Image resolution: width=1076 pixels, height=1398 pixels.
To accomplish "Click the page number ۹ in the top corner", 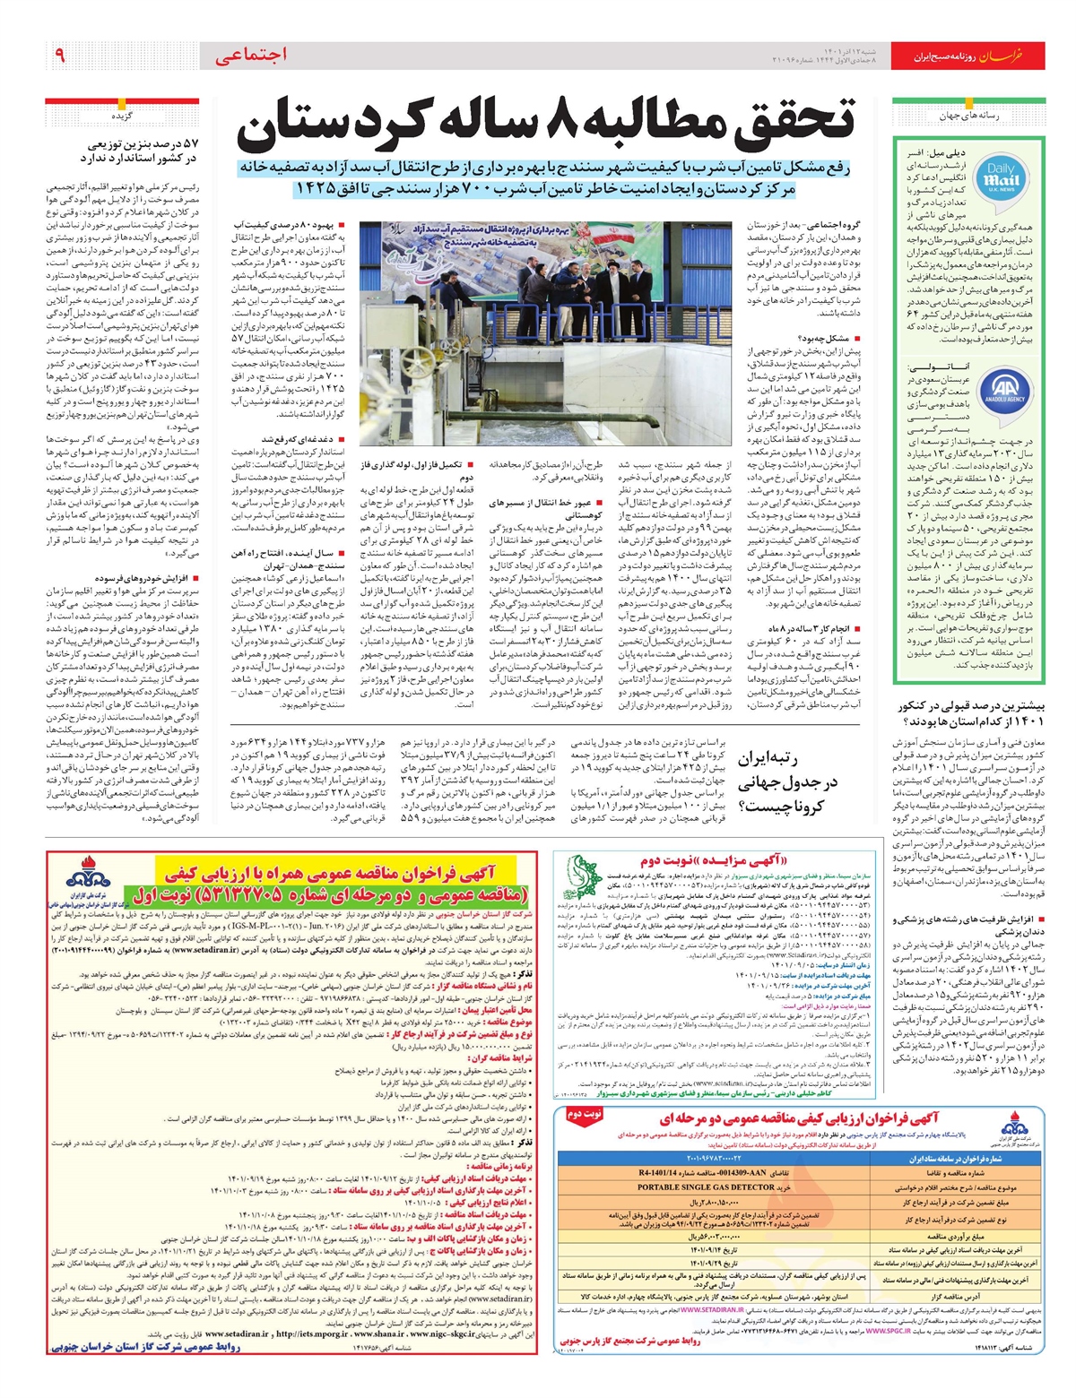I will pos(60,56).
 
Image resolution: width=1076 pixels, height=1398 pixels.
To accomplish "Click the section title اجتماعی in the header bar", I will pos(252,56).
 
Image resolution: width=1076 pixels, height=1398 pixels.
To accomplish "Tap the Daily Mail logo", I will pos(1002,176).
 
